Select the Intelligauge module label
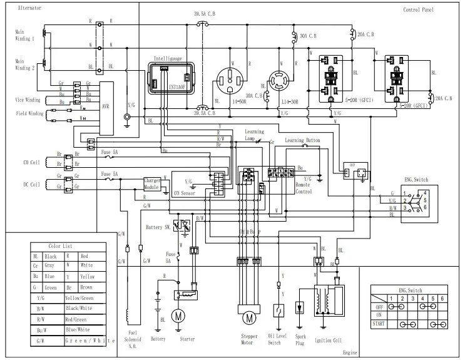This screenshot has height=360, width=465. pyautogui.click(x=168, y=58)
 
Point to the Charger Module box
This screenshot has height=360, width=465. pyautogui.click(x=153, y=183)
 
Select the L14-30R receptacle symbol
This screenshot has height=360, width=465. pyautogui.click(x=280, y=83)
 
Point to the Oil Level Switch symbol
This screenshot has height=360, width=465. pyautogui.click(x=277, y=310)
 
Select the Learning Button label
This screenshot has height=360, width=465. pyautogui.click(x=302, y=141)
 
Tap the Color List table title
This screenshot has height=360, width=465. pyautogui.click(x=60, y=246)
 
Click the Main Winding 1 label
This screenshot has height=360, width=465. pyautogui.click(x=25, y=35)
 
